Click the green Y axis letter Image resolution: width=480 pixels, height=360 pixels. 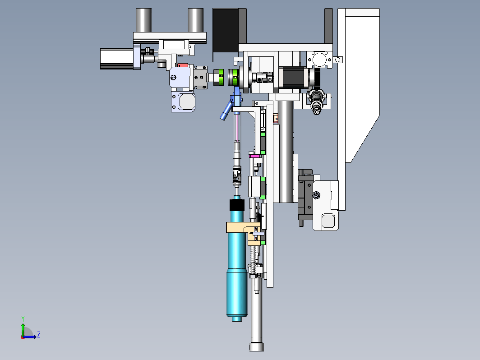click(23, 318)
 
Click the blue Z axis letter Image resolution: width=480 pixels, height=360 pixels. click(39, 334)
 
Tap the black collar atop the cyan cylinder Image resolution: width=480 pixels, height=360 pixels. click(237, 205)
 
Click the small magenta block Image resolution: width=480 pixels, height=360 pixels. click(254, 156)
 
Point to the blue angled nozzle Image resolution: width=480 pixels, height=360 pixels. click(226, 110)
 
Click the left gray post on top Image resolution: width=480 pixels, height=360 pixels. click(143, 20)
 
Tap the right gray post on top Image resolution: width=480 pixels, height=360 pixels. click(196, 20)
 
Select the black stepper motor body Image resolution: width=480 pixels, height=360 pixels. click(294, 77)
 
